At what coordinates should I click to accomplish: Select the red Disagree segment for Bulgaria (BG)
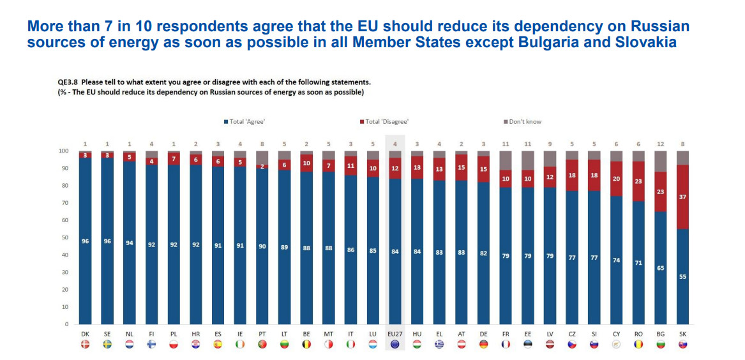[x=661, y=191]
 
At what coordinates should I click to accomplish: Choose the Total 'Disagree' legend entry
[x=386, y=121]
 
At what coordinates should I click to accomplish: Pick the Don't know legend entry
[x=524, y=121]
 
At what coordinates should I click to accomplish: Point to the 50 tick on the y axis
[x=64, y=237]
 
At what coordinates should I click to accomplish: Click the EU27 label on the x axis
[x=395, y=334]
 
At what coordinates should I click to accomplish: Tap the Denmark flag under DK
[x=85, y=345]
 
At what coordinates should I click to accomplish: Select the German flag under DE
[x=483, y=345]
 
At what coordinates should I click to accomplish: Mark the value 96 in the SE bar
[x=107, y=241]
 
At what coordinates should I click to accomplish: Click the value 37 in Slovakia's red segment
[x=682, y=197]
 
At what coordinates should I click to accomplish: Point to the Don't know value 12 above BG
[x=661, y=144]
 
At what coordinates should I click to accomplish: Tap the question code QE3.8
[x=68, y=82]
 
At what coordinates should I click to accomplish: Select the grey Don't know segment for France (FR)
[x=506, y=160]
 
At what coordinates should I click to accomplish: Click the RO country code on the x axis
[x=638, y=334]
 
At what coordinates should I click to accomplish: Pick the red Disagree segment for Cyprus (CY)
[x=616, y=179]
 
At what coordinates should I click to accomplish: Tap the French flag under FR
[x=506, y=345]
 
